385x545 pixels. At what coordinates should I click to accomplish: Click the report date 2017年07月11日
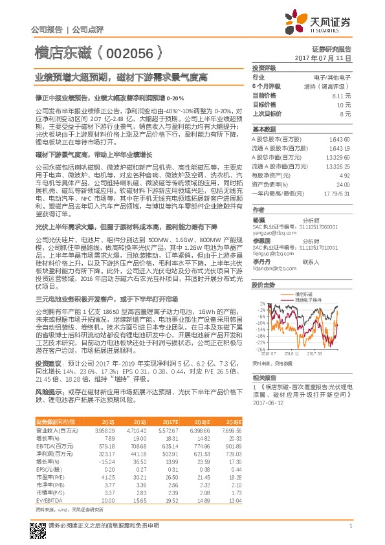click(329, 58)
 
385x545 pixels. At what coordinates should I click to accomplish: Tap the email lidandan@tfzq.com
click(272, 267)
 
